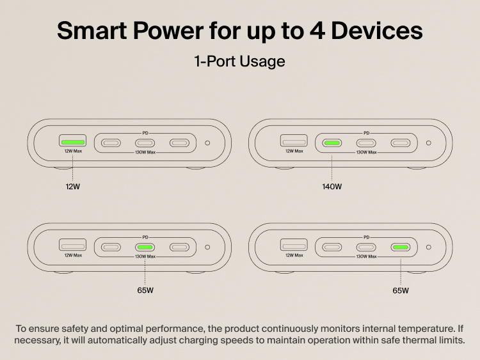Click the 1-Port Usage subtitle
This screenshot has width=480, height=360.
(239, 61)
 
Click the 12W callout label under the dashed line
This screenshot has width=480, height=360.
(73, 187)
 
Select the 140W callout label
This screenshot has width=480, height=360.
(332, 187)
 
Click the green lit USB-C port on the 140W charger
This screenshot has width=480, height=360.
(332, 143)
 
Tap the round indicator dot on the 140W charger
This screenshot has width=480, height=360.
(428, 143)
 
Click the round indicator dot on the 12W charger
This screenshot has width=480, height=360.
(207, 143)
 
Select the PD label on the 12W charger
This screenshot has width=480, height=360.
(145, 133)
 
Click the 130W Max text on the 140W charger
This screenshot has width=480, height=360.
(366, 152)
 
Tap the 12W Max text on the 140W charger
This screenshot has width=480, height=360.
(294, 152)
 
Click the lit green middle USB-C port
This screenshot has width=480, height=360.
(145, 247)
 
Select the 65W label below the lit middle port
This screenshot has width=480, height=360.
(145, 290)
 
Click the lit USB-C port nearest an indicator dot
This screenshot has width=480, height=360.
(401, 247)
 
